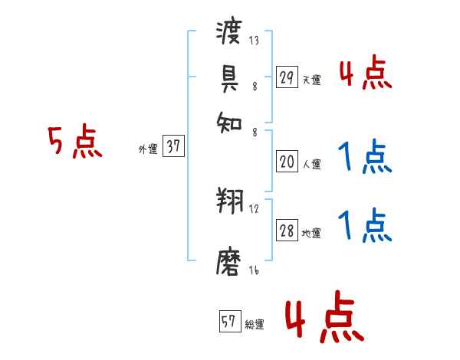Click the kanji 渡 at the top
pos(231,34)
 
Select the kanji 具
pos(231,78)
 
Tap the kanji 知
pos(231,120)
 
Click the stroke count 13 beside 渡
pos(253,41)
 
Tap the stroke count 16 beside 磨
pos(253,270)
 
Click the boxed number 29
pos(287,77)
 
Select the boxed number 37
pos(173,148)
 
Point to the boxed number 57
pos(229,322)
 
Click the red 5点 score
pos(74,143)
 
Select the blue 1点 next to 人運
pos(364,159)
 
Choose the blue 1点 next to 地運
pos(364,225)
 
